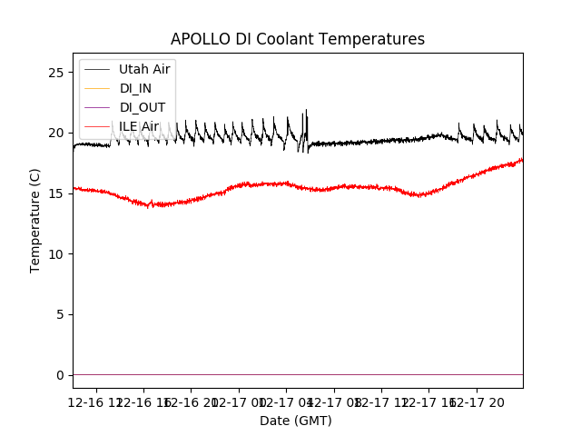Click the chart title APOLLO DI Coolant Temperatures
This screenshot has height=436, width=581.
point(298,39)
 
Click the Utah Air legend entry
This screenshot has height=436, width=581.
point(144,69)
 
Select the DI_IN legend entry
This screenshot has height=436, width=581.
point(136,88)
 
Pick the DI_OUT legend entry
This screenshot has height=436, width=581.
point(143,107)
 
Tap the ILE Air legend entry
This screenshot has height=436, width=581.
point(139,126)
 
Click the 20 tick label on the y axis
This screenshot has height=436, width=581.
point(55,133)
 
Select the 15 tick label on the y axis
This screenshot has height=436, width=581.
point(55,193)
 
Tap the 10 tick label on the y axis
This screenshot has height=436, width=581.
point(55,253)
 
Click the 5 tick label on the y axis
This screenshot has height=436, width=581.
point(59,314)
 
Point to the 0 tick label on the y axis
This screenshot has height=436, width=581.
point(59,375)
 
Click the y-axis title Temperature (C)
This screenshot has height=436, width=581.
point(35,220)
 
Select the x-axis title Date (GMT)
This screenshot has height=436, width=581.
point(296,421)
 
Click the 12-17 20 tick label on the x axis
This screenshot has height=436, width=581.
point(483,401)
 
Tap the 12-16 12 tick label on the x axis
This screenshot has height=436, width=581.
point(96,401)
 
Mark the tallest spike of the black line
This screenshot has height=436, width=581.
point(306,110)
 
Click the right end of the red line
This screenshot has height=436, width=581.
point(522,160)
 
